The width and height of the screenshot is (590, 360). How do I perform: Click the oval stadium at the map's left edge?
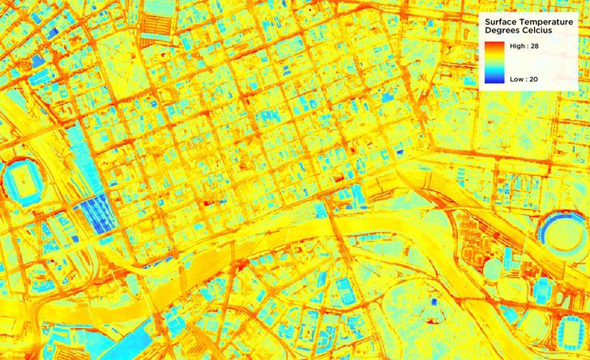(19, 180)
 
